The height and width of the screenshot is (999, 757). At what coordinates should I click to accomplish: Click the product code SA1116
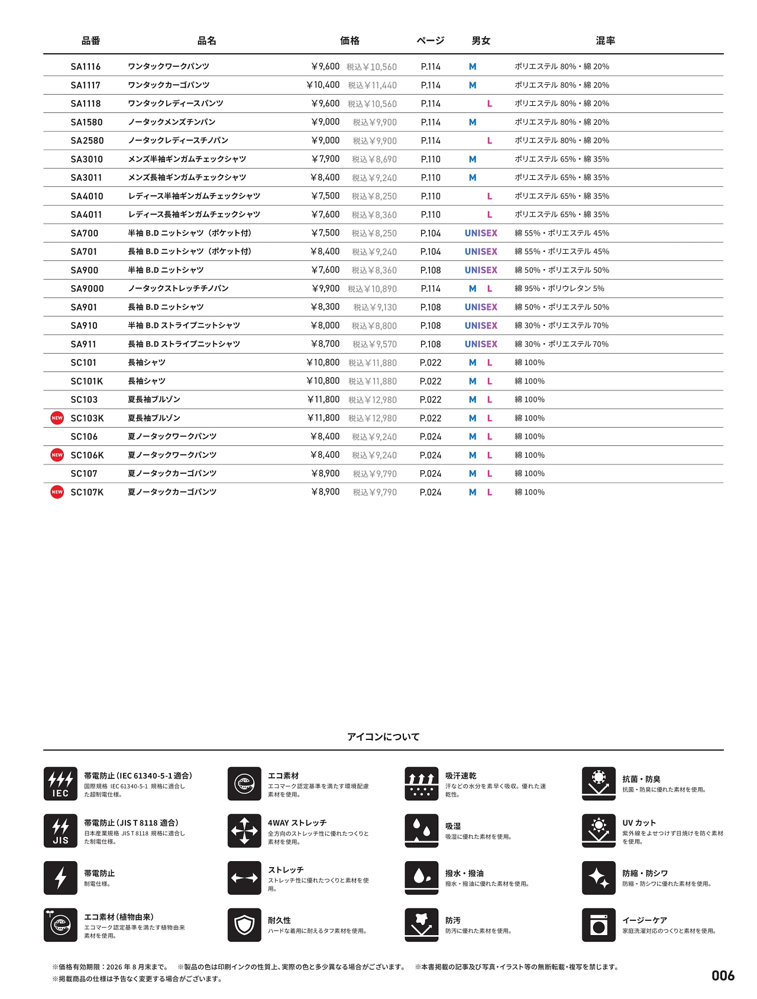[x=86, y=67]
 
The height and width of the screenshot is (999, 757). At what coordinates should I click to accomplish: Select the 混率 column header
[x=605, y=41]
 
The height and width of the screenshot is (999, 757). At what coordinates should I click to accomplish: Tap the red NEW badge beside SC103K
[x=57, y=418]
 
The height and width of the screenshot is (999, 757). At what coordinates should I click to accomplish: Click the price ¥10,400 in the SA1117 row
[x=323, y=85]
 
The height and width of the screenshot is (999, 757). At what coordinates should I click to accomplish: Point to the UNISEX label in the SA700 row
[x=481, y=233]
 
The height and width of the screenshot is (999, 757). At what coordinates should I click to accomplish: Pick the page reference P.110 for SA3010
[x=431, y=159]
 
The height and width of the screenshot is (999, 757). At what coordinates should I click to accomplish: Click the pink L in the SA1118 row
[x=490, y=104]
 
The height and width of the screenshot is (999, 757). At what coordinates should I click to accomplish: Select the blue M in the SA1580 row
[x=473, y=122]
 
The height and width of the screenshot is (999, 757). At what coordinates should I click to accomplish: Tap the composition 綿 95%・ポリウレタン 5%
[x=559, y=289]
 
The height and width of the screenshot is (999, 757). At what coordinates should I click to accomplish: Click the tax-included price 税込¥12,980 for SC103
[x=373, y=400]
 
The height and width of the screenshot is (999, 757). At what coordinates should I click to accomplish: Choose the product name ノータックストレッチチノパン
[x=179, y=289]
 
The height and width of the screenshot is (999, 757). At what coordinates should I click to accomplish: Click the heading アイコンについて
[x=383, y=737]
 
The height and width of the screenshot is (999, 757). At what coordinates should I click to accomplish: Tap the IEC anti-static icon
[x=60, y=784]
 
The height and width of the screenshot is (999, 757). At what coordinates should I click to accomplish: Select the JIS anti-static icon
[x=60, y=830]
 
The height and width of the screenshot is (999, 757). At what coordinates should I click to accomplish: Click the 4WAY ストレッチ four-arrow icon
[x=244, y=830]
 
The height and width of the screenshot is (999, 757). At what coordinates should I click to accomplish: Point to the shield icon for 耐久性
[x=244, y=925]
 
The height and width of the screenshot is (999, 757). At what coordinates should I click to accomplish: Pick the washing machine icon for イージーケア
[x=599, y=925]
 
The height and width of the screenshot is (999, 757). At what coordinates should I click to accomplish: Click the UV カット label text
[x=639, y=823]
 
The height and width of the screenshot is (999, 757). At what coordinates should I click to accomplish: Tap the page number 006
[x=723, y=976]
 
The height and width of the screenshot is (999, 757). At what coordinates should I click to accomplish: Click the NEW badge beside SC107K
[x=57, y=492]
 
